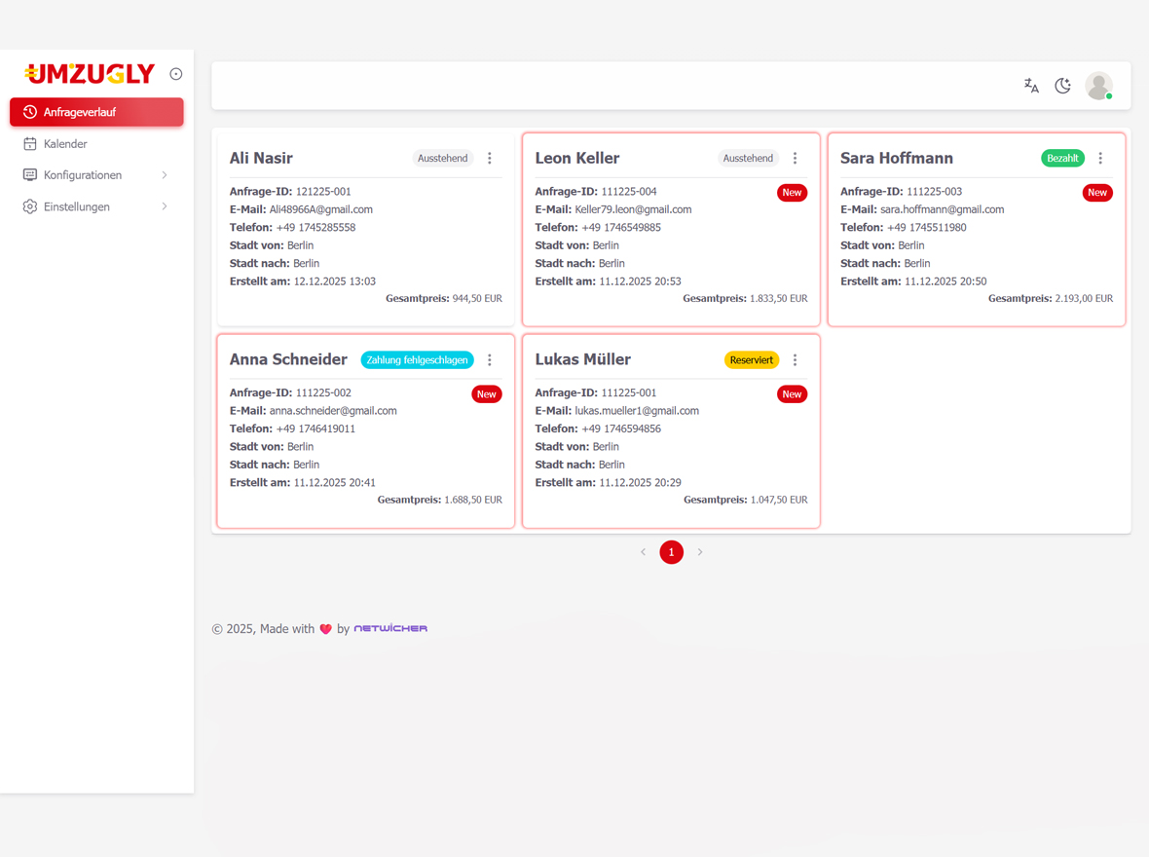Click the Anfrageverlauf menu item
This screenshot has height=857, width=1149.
pyautogui.click(x=95, y=112)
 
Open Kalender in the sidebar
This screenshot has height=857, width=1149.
pyautogui.click(x=65, y=144)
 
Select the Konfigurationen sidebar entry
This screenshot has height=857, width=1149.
pyautogui.click(x=83, y=175)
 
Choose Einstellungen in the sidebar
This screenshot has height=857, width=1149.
pyautogui.click(x=77, y=206)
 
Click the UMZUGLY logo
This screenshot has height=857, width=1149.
pyautogui.click(x=90, y=74)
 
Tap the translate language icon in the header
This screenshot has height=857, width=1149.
pyautogui.click(x=1031, y=86)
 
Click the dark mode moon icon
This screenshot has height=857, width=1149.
pyautogui.click(x=1063, y=86)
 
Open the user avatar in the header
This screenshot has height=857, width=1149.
pyautogui.click(x=1098, y=86)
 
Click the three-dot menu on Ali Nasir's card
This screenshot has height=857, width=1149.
pyautogui.click(x=490, y=158)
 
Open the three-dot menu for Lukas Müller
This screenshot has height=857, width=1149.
pyautogui.click(x=795, y=360)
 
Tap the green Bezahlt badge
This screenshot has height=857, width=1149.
pyautogui.click(x=1062, y=158)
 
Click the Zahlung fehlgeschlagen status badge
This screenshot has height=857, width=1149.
pyautogui.click(x=417, y=360)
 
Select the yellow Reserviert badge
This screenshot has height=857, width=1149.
pyautogui.click(x=751, y=360)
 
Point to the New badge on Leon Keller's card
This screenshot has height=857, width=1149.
pyautogui.click(x=792, y=193)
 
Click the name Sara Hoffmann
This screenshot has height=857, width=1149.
pyautogui.click(x=896, y=158)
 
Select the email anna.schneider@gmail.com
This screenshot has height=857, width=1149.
pyautogui.click(x=333, y=411)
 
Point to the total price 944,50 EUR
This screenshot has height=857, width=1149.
pyautogui.click(x=477, y=299)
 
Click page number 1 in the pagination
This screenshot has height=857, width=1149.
pyautogui.click(x=671, y=552)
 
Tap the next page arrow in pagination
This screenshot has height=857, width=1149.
pyautogui.click(x=700, y=552)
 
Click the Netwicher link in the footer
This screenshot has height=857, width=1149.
pyautogui.click(x=390, y=629)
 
